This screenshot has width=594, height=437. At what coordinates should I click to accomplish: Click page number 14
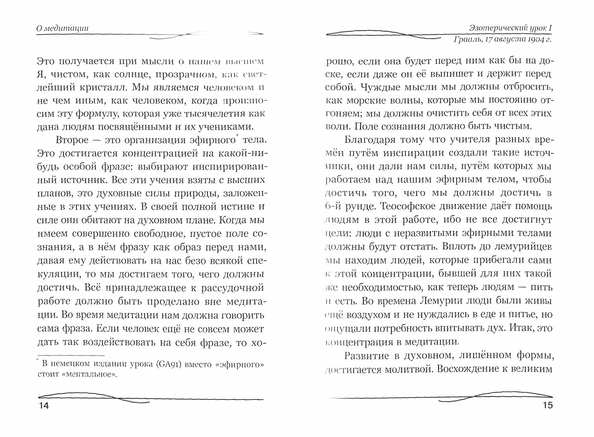pos(44,406)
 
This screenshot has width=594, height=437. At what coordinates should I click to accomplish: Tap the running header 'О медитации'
pos(62,28)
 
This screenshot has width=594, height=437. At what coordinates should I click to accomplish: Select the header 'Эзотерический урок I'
pos(511,28)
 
